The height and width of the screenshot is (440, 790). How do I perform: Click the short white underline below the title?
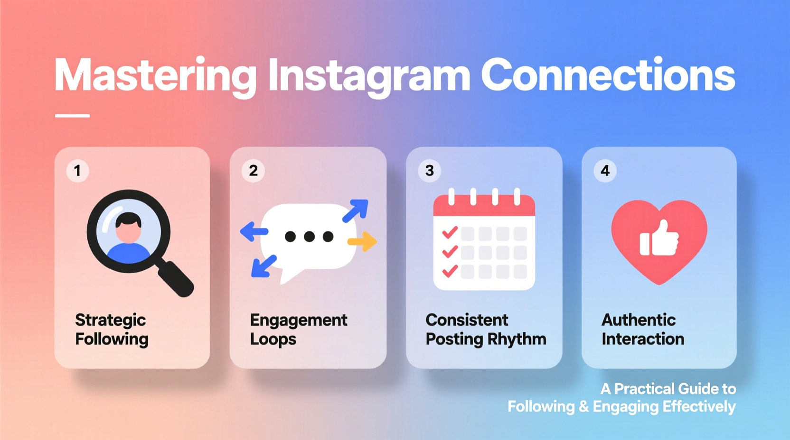point(72,115)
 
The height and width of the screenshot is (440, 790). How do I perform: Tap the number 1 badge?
point(77,171)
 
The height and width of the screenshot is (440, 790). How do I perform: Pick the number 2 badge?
point(253,171)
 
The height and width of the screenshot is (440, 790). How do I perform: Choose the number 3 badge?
point(429,171)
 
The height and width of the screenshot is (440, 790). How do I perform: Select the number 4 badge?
point(605,171)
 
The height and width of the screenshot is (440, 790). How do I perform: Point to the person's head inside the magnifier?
point(129,227)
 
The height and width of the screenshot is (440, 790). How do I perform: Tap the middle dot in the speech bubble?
point(309,237)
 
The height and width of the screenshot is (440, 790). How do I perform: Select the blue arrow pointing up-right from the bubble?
point(356,210)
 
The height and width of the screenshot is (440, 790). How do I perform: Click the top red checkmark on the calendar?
point(450,232)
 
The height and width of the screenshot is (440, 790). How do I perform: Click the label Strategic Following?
point(112,330)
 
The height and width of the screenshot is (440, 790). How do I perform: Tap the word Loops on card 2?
point(273,339)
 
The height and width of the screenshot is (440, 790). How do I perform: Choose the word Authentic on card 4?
point(639,320)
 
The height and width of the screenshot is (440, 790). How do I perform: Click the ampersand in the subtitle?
point(583,407)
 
